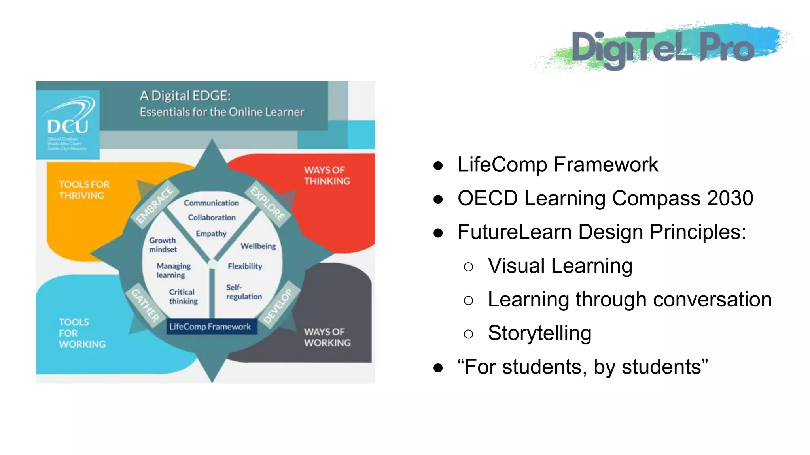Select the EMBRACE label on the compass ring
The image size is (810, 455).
155,205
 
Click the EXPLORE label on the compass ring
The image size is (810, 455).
268,204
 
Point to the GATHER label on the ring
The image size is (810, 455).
145,305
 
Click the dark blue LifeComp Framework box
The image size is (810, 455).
210,327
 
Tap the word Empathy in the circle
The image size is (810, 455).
211,233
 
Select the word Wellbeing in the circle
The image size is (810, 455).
258,246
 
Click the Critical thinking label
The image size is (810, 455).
183,297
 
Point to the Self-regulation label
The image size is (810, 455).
244,292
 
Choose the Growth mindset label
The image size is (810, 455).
163,245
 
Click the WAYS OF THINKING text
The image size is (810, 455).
327,176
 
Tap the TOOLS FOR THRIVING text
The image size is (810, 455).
84,190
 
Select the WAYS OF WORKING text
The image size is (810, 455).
327,337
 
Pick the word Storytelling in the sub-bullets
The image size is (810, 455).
539,333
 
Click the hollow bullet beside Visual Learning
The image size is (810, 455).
468,267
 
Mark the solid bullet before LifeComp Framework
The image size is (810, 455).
438,165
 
